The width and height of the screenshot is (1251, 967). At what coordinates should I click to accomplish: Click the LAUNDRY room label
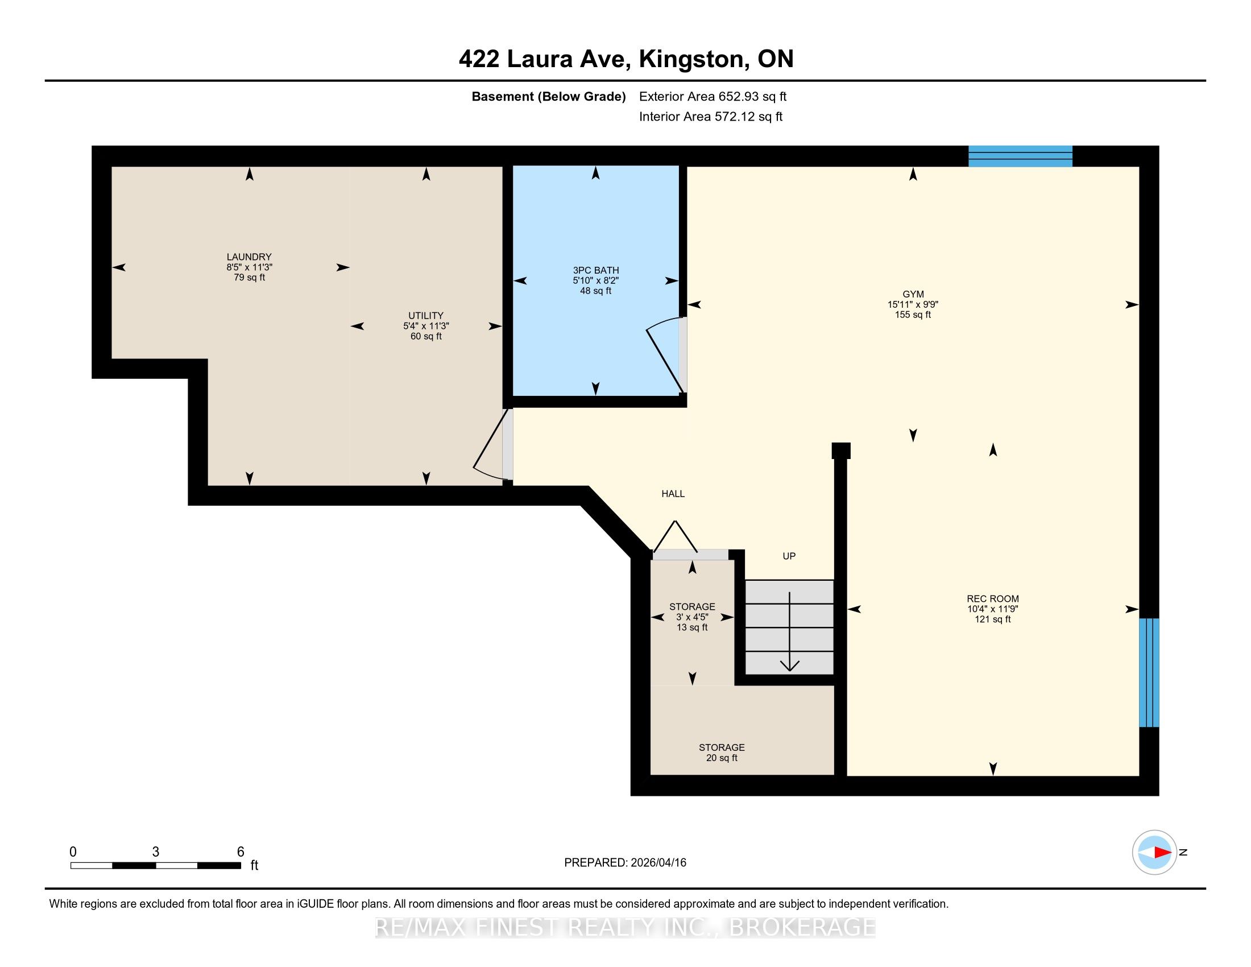pyautogui.click(x=249, y=257)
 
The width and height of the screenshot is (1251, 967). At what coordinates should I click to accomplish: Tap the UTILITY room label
pyautogui.click(x=425, y=316)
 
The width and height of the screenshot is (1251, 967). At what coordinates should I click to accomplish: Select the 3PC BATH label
pyautogui.click(x=596, y=270)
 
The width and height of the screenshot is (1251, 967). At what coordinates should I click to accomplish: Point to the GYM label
pyautogui.click(x=913, y=295)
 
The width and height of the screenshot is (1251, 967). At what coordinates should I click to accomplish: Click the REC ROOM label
pyautogui.click(x=993, y=599)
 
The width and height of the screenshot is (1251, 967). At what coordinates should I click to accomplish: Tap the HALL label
pyautogui.click(x=673, y=494)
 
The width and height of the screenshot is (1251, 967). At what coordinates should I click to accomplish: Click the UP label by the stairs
pyautogui.click(x=789, y=556)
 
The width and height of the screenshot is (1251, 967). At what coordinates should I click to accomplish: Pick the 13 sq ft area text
pyautogui.click(x=693, y=627)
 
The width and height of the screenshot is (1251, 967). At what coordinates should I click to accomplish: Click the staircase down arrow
pyautogui.click(x=790, y=631)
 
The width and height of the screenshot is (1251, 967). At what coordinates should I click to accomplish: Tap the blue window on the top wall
pyautogui.click(x=1020, y=156)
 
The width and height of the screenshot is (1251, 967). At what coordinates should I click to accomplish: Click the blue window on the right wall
pyautogui.click(x=1149, y=672)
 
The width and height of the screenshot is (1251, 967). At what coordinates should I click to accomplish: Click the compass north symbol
pyautogui.click(x=1155, y=852)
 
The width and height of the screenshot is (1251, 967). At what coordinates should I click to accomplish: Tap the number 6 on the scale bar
pyautogui.click(x=241, y=852)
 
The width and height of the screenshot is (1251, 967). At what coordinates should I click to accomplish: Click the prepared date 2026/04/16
pyautogui.click(x=657, y=863)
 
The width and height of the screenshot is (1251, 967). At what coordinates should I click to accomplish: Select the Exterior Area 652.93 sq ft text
pyautogui.click(x=713, y=97)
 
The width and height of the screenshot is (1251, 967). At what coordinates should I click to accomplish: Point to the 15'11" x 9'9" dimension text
pyautogui.click(x=913, y=305)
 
